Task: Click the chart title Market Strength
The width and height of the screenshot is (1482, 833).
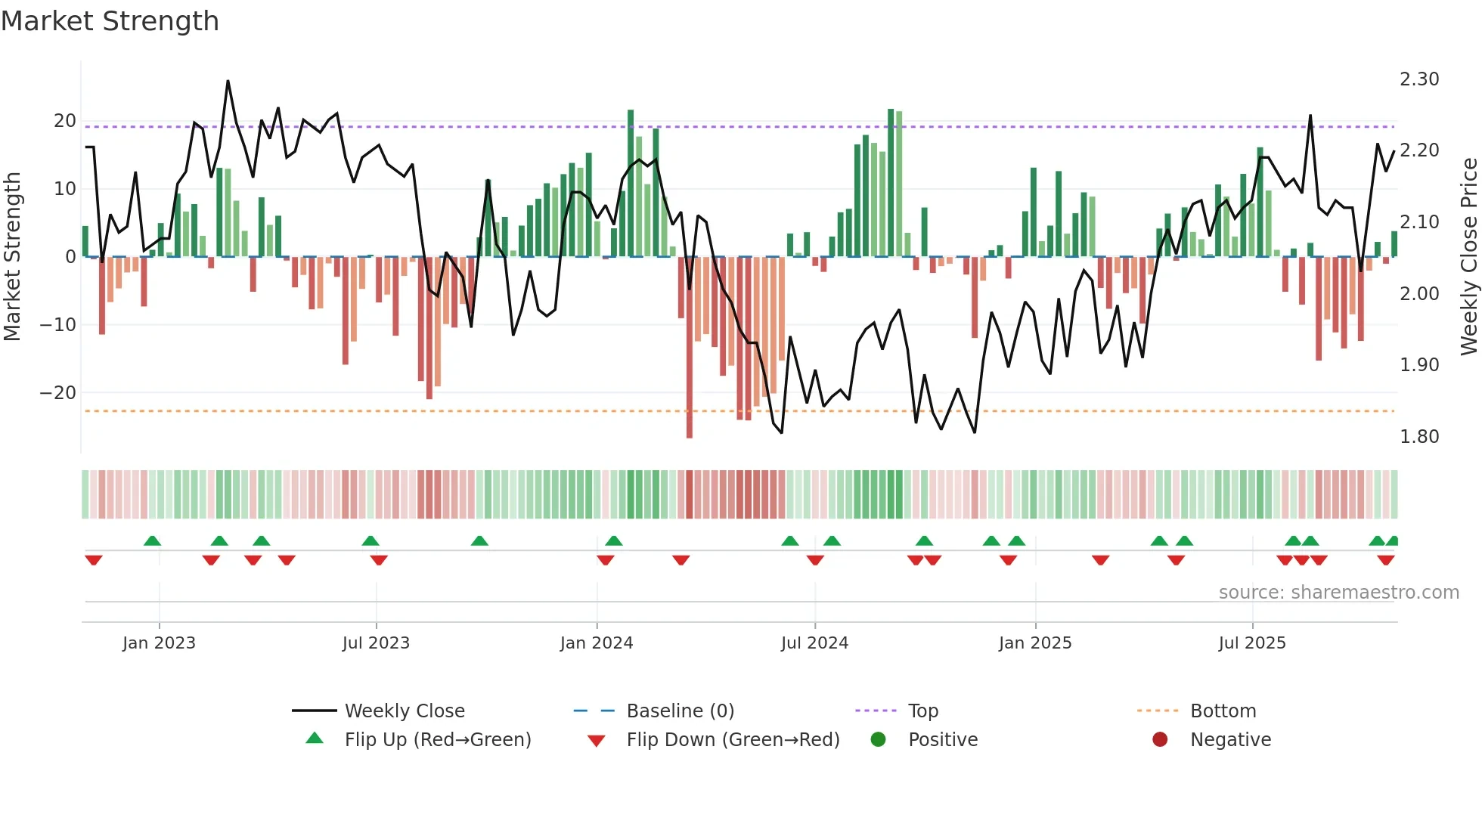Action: (110, 21)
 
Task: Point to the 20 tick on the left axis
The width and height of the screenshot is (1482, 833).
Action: (65, 121)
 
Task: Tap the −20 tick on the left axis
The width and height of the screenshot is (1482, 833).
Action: (58, 393)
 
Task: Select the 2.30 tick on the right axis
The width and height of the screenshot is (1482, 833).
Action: (1419, 79)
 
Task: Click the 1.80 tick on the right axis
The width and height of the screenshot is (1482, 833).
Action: (1419, 437)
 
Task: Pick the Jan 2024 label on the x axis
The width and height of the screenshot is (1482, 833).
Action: (597, 643)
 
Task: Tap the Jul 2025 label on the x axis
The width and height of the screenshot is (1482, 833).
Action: (1252, 643)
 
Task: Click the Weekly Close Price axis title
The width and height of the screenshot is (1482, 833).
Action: (1468, 256)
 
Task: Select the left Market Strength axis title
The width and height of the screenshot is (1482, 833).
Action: (13, 256)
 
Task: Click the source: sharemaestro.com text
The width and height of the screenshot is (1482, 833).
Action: (1338, 593)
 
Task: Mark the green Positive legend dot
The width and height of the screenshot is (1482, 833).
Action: (878, 740)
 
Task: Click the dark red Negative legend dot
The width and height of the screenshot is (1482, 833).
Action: (1160, 740)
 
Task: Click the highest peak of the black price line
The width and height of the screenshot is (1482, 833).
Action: (228, 81)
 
